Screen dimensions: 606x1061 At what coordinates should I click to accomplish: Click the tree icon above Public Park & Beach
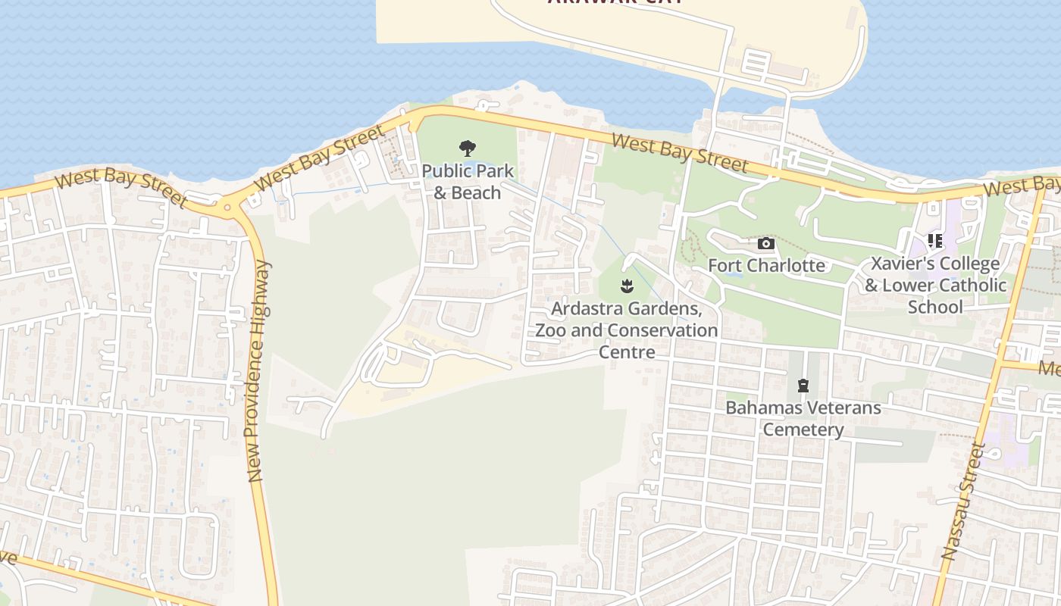468,148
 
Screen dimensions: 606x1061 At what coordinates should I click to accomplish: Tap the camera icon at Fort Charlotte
766,243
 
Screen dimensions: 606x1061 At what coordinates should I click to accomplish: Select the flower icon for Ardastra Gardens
627,286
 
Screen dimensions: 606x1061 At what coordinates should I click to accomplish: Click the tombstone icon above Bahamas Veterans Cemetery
803,386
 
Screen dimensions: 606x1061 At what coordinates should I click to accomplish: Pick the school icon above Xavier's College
935,241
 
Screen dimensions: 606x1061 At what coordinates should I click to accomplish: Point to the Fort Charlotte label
766,265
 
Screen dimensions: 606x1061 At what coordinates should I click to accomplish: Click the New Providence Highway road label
257,371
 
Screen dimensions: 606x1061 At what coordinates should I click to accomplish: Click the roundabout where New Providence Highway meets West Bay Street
227,206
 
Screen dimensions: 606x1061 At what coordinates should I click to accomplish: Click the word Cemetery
803,430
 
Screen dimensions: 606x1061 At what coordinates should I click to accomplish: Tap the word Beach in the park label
475,192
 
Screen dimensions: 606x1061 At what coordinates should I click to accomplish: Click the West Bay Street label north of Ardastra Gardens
679,152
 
